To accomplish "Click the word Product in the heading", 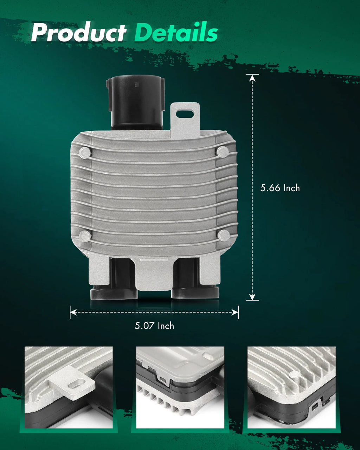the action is [x=79, y=32].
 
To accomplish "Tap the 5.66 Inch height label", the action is [x=280, y=188].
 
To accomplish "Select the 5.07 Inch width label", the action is [x=154, y=326].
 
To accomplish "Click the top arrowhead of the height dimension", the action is [x=252, y=78].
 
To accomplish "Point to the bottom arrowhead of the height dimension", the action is [x=252, y=297].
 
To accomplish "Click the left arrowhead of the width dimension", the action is [x=73, y=313].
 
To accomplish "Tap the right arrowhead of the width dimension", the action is [x=235, y=313].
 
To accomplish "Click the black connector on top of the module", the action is [x=136, y=102].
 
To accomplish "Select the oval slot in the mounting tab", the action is [x=185, y=114].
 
